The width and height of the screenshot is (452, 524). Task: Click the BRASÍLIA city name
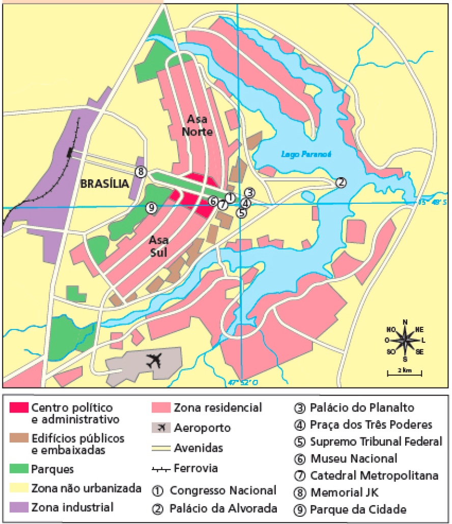coord(104,184)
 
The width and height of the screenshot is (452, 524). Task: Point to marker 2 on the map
coord(341,182)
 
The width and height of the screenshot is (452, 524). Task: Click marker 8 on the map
coord(140,172)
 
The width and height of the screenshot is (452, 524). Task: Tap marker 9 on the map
coord(151,207)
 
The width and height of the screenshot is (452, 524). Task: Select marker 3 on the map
coord(249,192)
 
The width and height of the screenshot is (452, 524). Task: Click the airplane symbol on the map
coord(154,361)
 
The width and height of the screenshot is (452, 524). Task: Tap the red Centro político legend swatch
coord(18,408)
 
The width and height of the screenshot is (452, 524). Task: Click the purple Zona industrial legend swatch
coord(18,507)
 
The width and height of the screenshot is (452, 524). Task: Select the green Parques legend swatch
coord(18,468)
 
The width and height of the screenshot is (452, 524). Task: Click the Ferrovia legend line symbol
coord(161,468)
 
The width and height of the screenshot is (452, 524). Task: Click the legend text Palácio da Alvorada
coord(223,508)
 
